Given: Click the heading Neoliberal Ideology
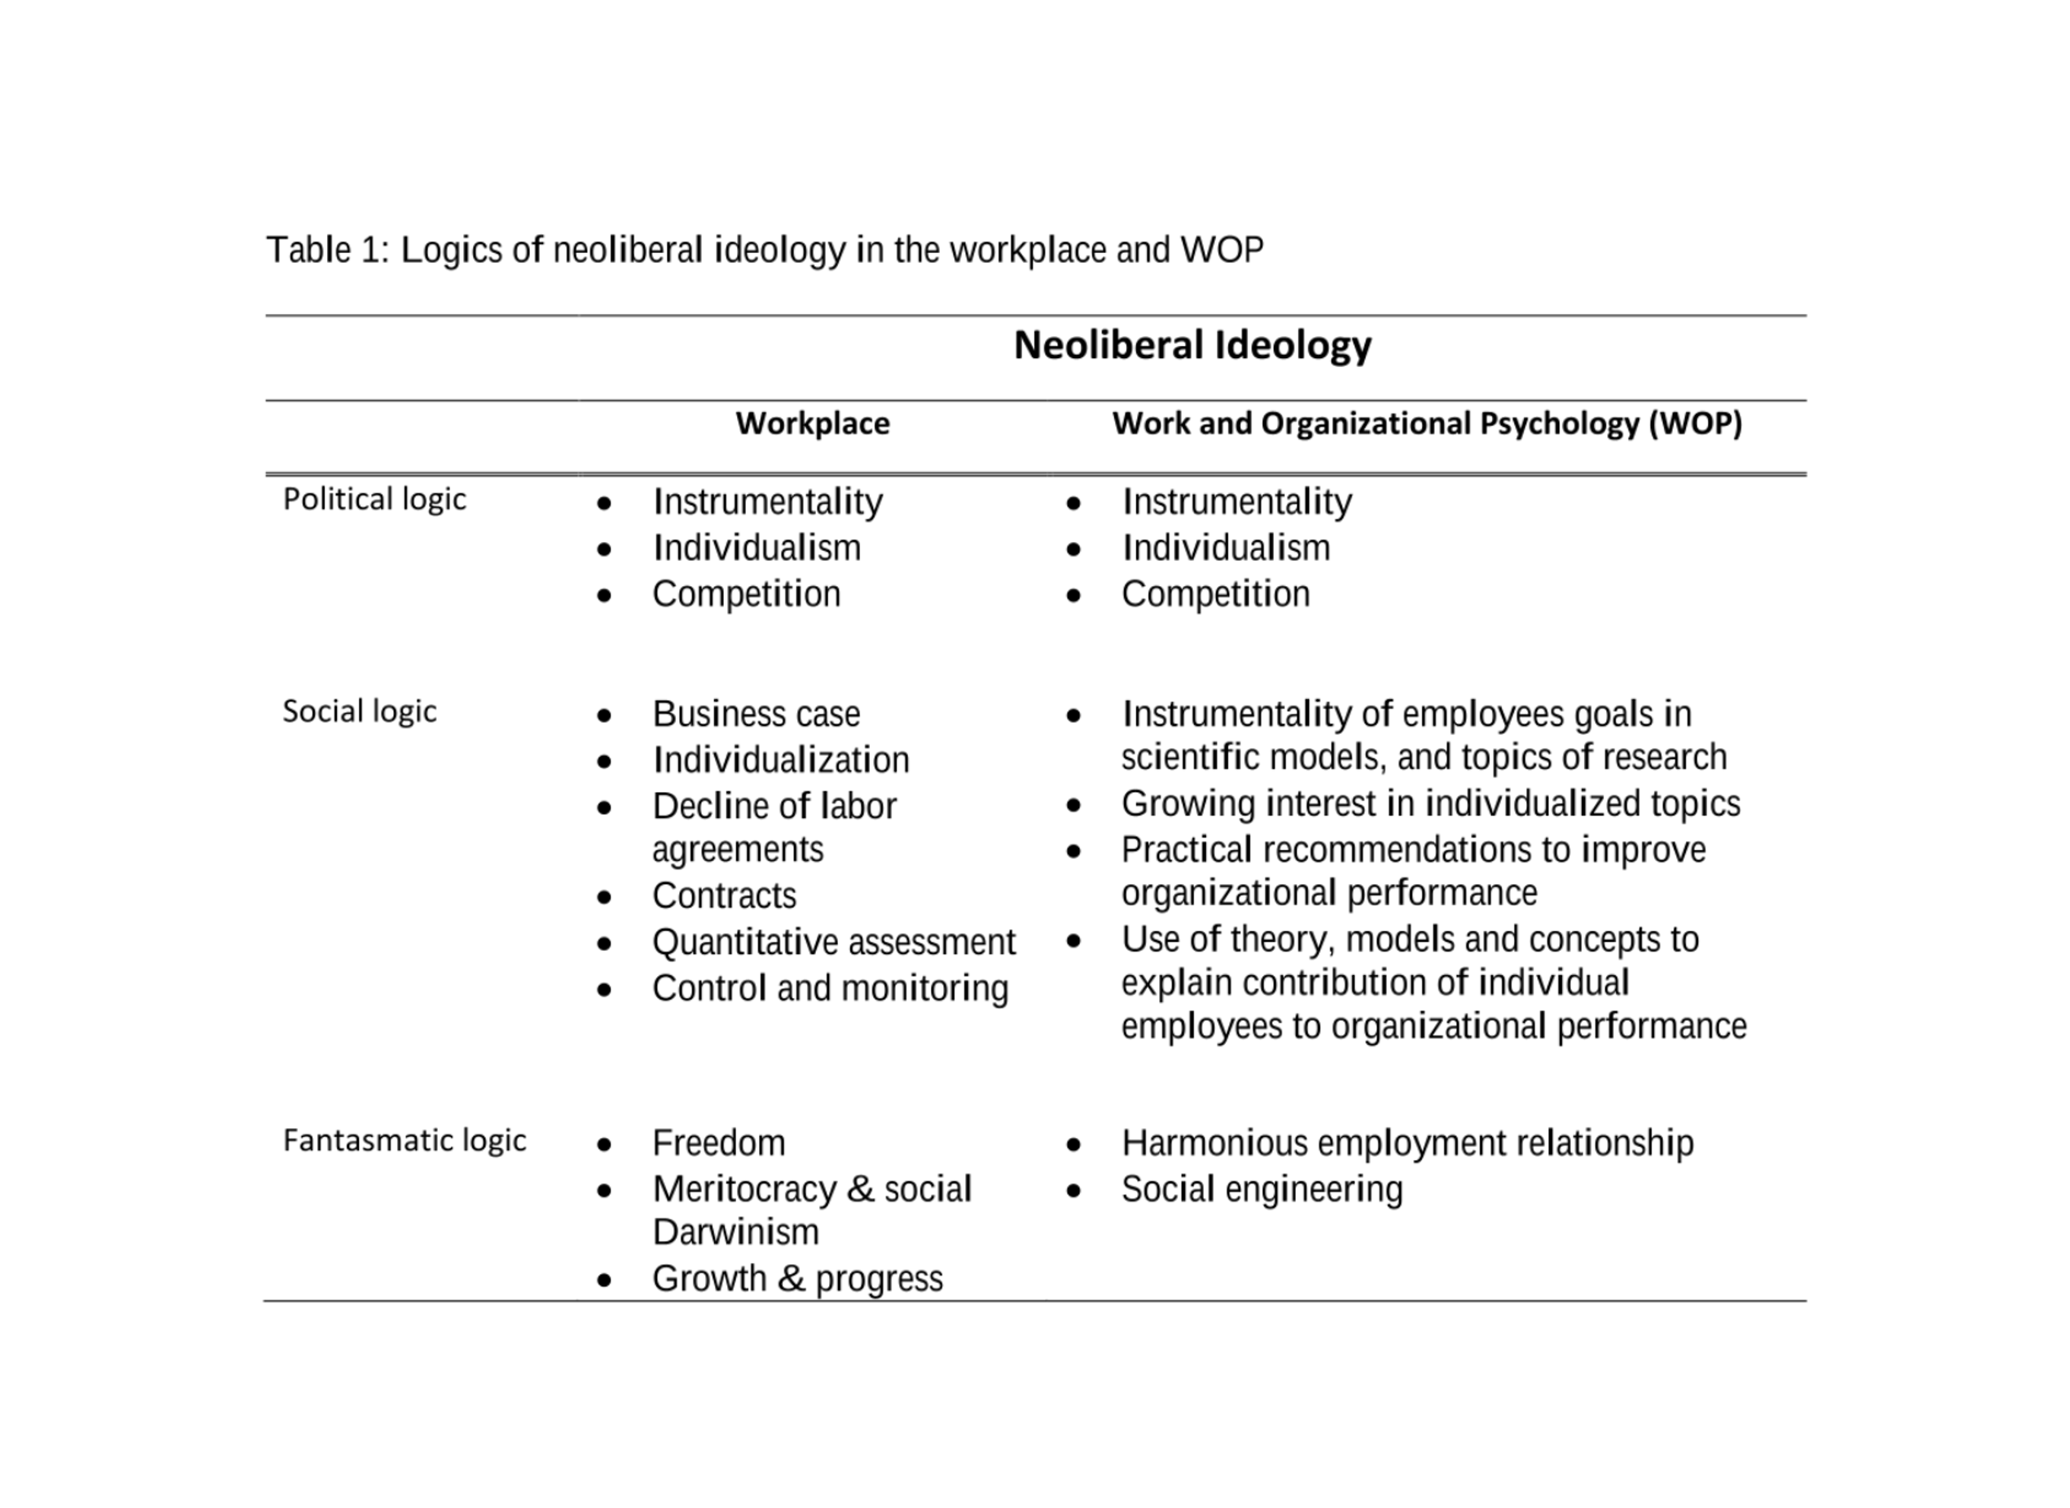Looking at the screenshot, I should click(1192, 345).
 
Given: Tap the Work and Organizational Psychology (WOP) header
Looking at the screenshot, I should click(1427, 423).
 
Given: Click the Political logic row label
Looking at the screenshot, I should click(374, 499).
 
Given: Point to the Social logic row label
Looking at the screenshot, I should click(359, 711).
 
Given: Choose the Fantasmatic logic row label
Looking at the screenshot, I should click(404, 1140).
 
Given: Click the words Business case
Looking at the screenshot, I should click(755, 714).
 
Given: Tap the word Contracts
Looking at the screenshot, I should click(723, 895).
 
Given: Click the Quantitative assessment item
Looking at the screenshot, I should click(833, 942).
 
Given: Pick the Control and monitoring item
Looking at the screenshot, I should click(829, 987).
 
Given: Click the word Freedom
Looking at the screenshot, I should click(718, 1143).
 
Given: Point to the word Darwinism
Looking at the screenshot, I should click(735, 1232).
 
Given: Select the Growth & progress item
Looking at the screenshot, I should click(796, 1279).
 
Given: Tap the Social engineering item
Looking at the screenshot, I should click(1261, 1190).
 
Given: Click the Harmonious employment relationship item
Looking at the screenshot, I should click(1406, 1143).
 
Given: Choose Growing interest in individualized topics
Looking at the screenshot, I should click(1430, 803).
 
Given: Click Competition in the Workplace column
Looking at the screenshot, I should click(745, 594).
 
